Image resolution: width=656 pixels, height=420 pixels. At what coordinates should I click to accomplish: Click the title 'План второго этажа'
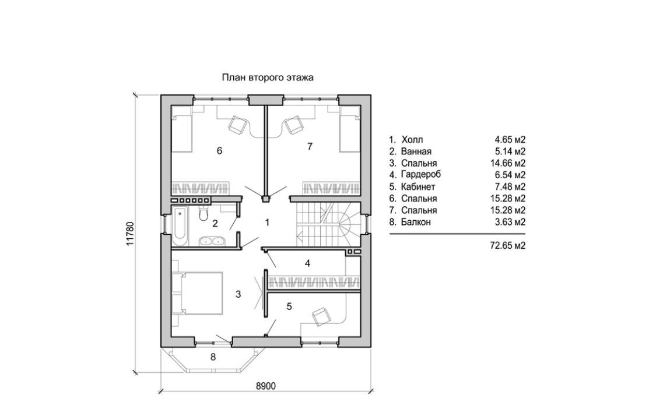[x=268, y=77]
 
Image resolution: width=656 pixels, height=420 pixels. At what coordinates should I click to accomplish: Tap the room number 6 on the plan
[x=219, y=151]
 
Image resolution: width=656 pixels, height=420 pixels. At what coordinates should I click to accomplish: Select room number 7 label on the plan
[x=310, y=147]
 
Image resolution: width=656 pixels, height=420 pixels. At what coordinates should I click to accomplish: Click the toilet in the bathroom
[x=202, y=216]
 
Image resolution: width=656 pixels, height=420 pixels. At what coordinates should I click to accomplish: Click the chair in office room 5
[x=321, y=317]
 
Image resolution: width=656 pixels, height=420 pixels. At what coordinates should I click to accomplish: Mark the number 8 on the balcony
[x=213, y=357]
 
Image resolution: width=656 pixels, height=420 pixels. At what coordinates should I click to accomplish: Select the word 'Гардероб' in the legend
[x=421, y=175]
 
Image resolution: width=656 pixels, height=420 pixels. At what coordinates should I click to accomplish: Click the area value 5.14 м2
[x=510, y=151]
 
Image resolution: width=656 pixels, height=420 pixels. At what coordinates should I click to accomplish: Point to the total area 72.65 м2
[x=508, y=246]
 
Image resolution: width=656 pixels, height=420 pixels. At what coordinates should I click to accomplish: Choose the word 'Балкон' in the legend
[x=417, y=222]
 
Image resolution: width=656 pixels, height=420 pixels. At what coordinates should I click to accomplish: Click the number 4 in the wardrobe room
[x=307, y=263]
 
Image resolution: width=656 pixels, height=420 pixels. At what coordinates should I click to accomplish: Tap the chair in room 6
[x=238, y=123]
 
